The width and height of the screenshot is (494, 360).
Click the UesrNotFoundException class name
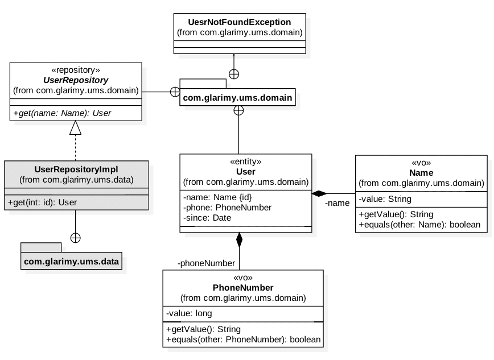tap(239, 22)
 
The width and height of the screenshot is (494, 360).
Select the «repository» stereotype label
tap(76, 70)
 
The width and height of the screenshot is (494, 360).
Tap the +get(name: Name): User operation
tap(62, 113)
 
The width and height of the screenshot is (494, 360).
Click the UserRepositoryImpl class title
tap(76, 169)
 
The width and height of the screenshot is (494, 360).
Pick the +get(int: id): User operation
tap(43, 202)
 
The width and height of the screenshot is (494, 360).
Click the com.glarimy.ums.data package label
tap(71, 262)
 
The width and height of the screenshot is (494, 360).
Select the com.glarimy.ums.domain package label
tap(237, 98)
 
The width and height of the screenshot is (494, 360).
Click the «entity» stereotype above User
tap(245, 162)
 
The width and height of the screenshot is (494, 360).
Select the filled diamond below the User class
tap(239, 240)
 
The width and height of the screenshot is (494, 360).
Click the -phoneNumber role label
tap(206, 263)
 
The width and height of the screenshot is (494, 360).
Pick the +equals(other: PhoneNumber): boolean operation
tap(244, 340)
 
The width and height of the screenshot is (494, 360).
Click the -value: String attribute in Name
tap(385, 199)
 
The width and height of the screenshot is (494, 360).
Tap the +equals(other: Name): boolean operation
tap(419, 225)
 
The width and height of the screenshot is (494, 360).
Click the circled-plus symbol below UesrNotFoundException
tap(234, 73)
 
